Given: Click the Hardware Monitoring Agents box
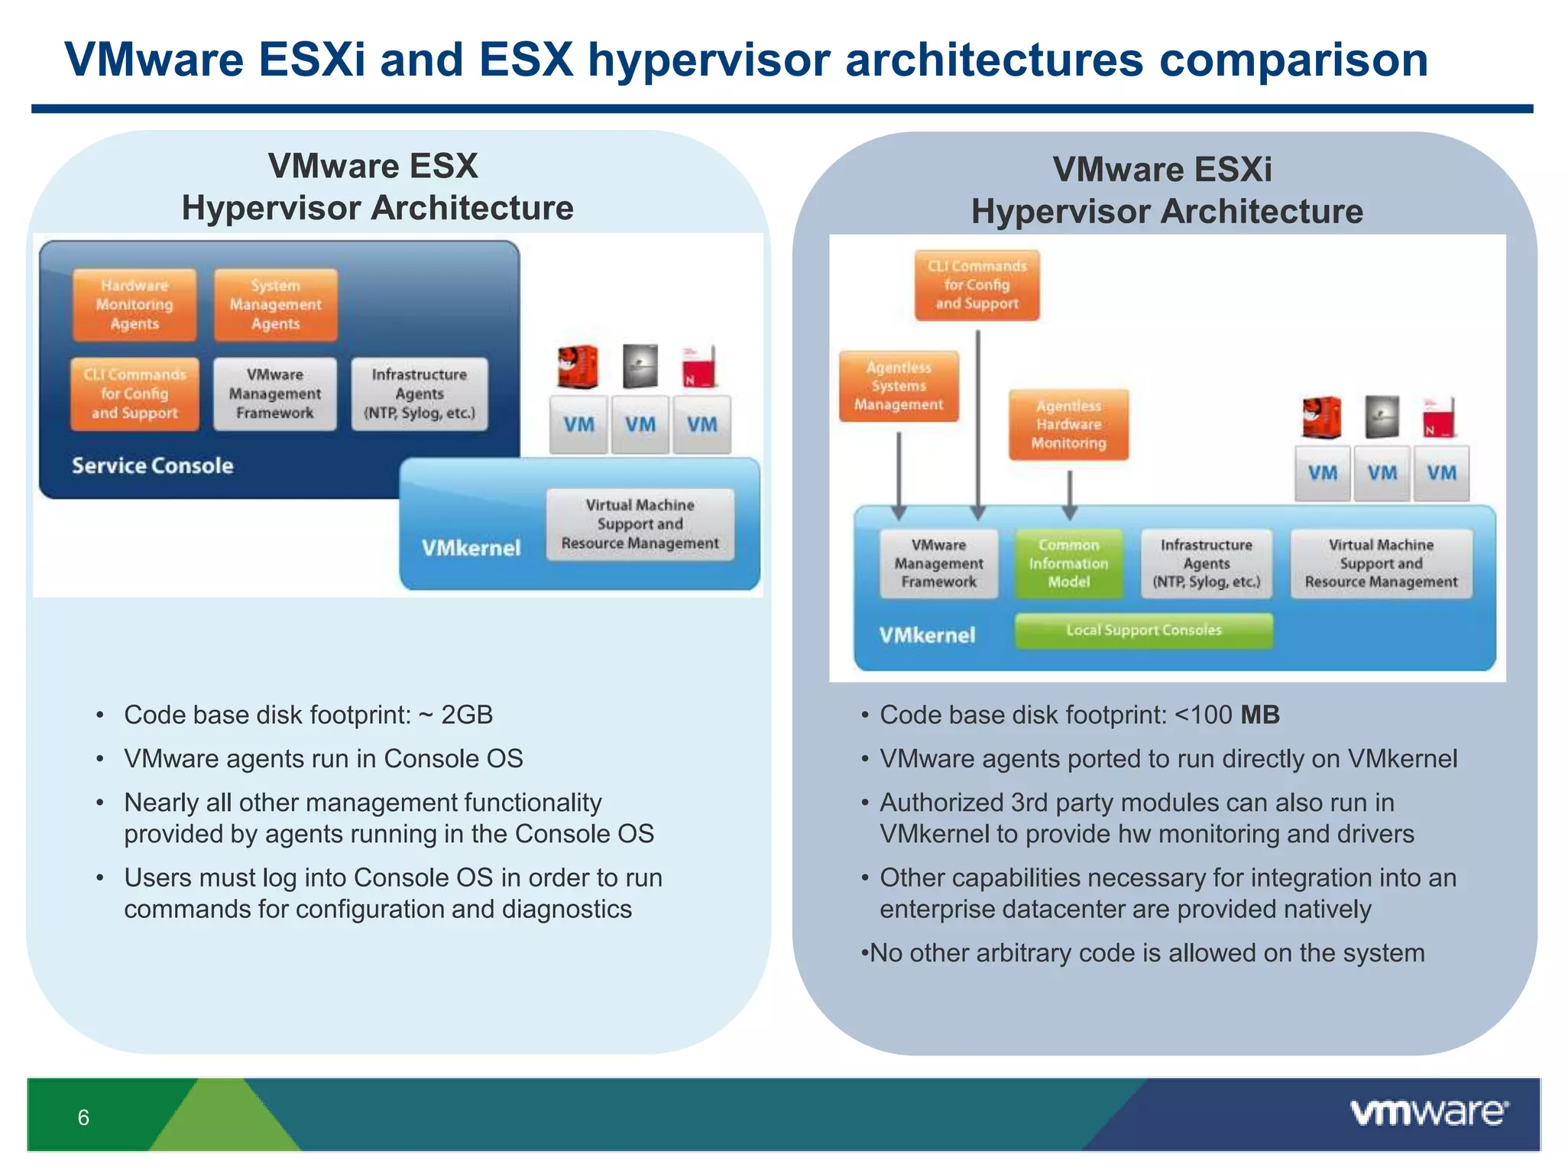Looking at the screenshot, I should [134, 304].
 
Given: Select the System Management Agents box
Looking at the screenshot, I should [275, 304].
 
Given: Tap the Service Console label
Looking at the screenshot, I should [152, 465].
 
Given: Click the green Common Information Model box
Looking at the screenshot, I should [1068, 563].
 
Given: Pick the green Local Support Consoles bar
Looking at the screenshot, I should [1143, 631].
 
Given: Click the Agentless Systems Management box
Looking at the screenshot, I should [899, 386].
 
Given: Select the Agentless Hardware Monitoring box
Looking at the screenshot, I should [1068, 425].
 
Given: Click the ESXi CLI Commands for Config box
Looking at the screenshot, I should [977, 285].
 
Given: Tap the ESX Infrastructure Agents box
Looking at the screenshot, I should [420, 394].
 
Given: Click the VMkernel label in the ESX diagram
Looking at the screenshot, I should [471, 548].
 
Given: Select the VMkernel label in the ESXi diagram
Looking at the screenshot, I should [927, 635].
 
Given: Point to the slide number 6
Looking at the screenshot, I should [83, 1117].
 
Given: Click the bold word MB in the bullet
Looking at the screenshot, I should [1259, 715].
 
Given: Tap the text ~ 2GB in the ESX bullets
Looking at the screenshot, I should [455, 715].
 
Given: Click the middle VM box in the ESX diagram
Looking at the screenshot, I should [640, 425].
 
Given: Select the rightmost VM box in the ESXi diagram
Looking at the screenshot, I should [1441, 473].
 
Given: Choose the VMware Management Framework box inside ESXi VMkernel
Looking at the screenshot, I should [938, 563].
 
